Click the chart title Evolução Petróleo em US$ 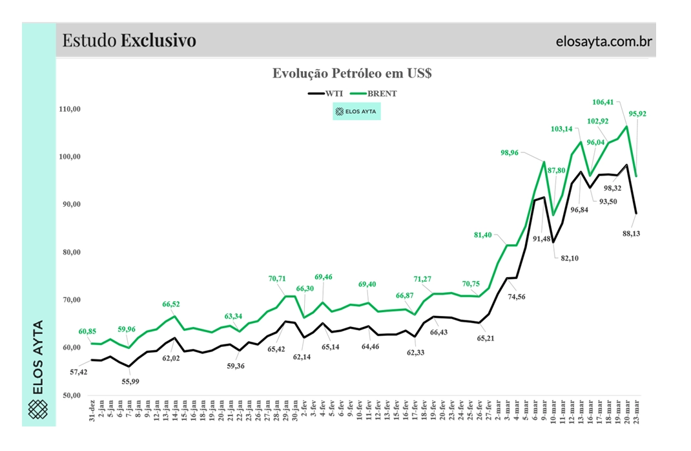pyautogui.click(x=351, y=73)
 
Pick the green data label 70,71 pyautogui.click(x=277, y=278)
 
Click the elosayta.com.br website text pyautogui.click(x=604, y=41)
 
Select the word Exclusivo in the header pyautogui.click(x=158, y=41)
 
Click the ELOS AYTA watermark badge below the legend pyautogui.click(x=356, y=111)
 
